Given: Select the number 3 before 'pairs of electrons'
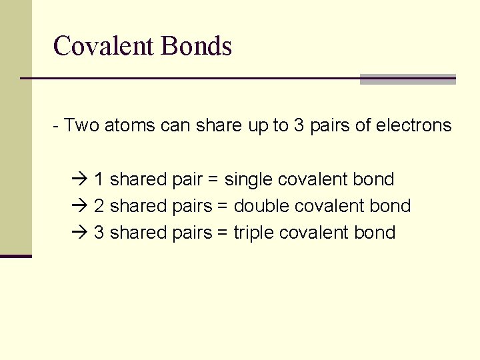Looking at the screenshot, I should (299, 125).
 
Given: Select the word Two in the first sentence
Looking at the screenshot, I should (81, 125).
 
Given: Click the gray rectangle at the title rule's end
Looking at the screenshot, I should (407, 79).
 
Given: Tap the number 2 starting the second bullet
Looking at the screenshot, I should (99, 206).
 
